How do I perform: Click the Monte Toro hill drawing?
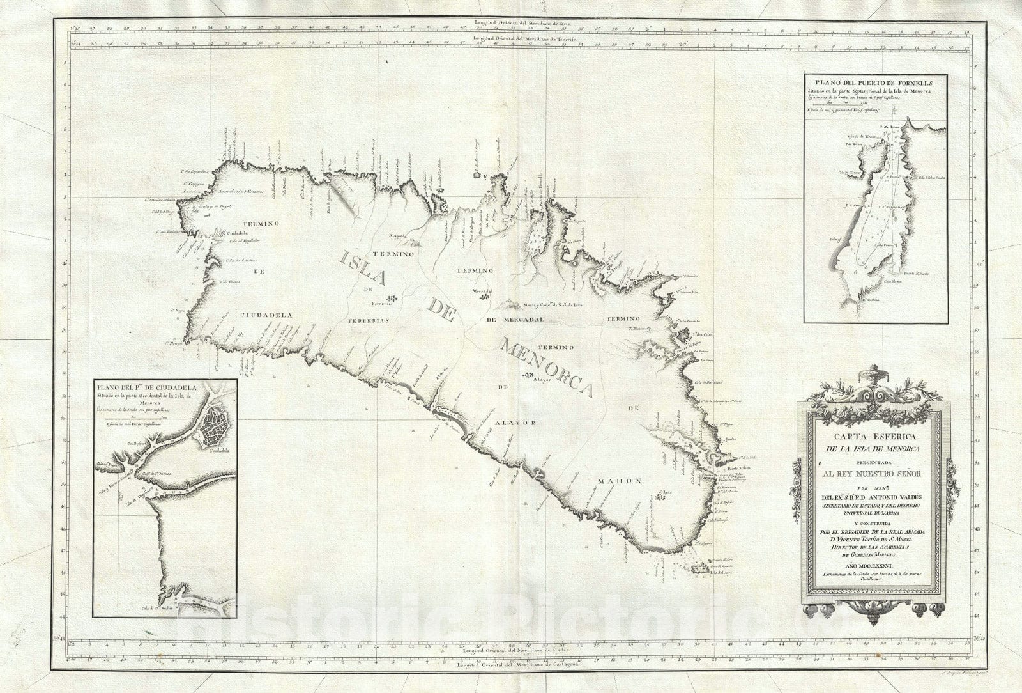coord(511,306)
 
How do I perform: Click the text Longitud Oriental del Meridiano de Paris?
coord(524,22)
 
